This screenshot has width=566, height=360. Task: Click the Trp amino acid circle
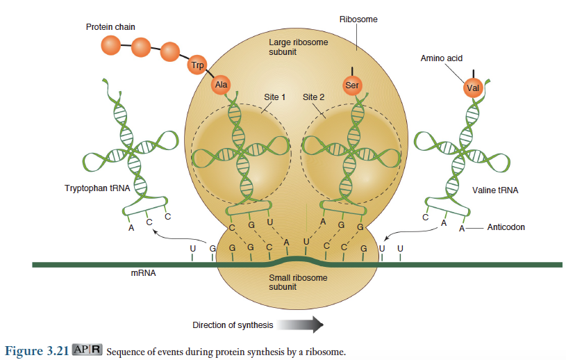coord(197,66)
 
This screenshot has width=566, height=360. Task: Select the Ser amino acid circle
coord(352,85)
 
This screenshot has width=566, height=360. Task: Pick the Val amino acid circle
coord(473,88)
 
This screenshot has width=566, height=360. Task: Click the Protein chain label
coord(110,27)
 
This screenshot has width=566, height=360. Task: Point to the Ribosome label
coord(358,19)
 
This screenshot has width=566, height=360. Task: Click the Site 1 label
coord(275,97)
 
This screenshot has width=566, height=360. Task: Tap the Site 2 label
coord(313,97)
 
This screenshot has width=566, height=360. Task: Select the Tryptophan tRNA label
coord(94,189)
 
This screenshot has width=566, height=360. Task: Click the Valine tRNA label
coord(495,190)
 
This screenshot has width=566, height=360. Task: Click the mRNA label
coord(143,274)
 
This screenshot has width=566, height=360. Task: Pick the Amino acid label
coord(441,58)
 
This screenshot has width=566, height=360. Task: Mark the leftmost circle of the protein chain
coord(110,45)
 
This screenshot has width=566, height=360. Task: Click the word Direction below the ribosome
coord(209,325)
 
